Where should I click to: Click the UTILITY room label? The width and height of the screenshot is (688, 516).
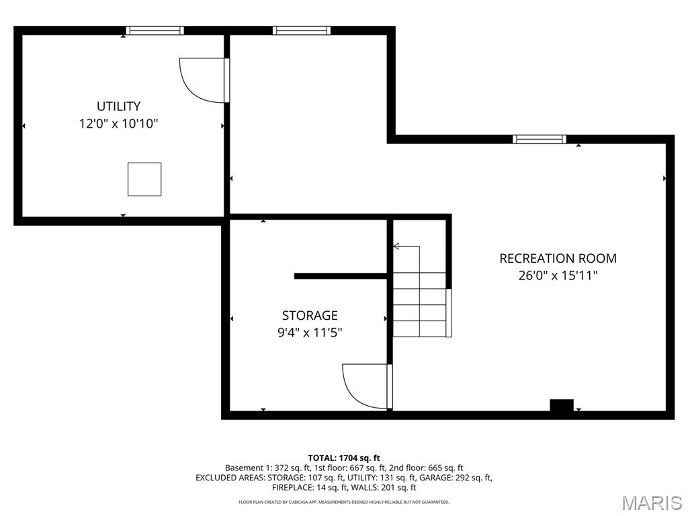pos(118,106)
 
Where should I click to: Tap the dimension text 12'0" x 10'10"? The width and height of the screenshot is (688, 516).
pos(118,124)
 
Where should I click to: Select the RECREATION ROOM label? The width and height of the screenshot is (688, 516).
pos(558,258)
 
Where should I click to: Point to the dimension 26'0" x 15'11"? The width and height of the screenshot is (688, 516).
pos(558,275)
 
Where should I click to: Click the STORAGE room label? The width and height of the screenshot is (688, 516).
pos(310,315)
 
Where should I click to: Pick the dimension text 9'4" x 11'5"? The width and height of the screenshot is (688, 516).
pos(310,333)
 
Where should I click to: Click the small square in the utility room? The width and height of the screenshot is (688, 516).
pos(144,179)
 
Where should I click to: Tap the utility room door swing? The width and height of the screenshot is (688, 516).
pos(204,79)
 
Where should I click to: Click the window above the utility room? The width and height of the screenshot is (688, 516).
pos(155,30)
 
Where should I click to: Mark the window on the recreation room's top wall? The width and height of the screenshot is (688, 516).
pos(539,139)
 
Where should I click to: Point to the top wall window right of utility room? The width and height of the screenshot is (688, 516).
pos(301,30)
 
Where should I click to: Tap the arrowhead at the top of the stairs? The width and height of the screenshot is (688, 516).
pos(396,247)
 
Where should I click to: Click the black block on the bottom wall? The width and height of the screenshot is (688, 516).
pos(561,405)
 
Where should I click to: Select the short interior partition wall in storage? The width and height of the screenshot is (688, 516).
pos(341,275)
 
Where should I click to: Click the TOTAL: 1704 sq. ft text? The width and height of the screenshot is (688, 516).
pos(344,458)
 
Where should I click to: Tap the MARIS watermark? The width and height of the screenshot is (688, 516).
pos(651,502)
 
